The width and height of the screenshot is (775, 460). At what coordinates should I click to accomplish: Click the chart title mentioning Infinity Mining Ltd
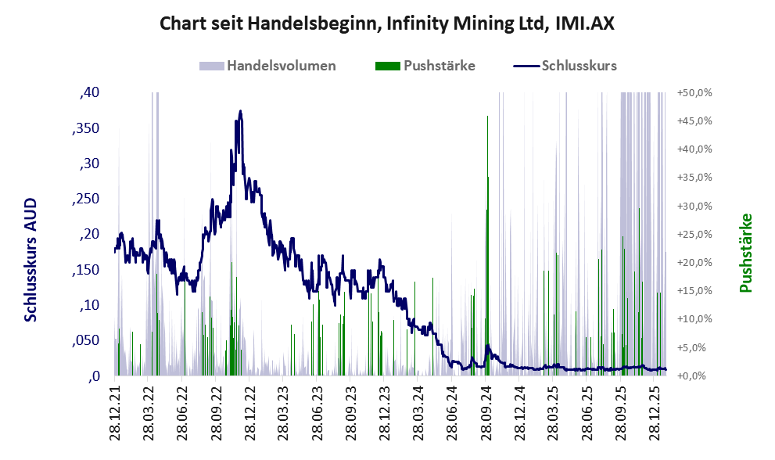coord(387,23)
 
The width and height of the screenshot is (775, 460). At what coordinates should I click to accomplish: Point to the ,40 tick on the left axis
coord(90,92)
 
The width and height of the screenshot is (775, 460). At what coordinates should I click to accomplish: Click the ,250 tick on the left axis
coord(87,199)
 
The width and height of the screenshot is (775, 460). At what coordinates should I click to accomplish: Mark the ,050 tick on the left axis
coord(87,340)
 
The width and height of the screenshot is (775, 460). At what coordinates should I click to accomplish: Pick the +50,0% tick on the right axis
coord(694,92)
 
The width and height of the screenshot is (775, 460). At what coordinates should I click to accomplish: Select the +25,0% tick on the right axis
coord(694,234)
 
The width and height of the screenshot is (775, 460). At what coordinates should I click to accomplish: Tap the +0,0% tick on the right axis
coord(694,376)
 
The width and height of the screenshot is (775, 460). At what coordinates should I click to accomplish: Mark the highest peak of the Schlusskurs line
coord(241,111)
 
